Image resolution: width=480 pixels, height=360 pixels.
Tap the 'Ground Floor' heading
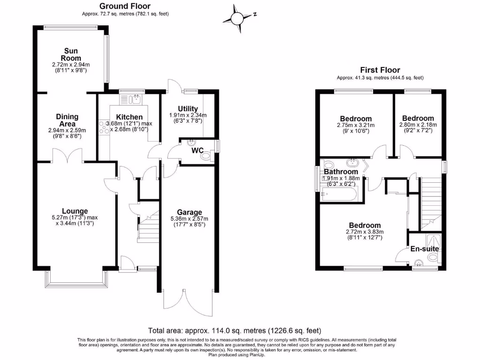(x=125, y=6)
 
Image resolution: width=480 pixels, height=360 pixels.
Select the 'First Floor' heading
(x=380, y=70)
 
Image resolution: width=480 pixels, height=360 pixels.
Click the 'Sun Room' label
(x=71, y=54)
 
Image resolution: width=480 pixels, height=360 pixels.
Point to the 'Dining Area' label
(x=67, y=120)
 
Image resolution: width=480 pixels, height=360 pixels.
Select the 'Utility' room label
(x=188, y=109)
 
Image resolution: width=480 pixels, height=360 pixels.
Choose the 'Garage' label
(x=190, y=212)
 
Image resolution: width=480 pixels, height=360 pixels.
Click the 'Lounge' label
(x=75, y=211)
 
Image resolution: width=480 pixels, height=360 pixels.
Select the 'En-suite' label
(x=424, y=249)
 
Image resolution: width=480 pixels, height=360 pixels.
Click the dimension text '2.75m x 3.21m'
(x=356, y=125)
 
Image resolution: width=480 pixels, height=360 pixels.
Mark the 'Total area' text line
(x=234, y=330)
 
